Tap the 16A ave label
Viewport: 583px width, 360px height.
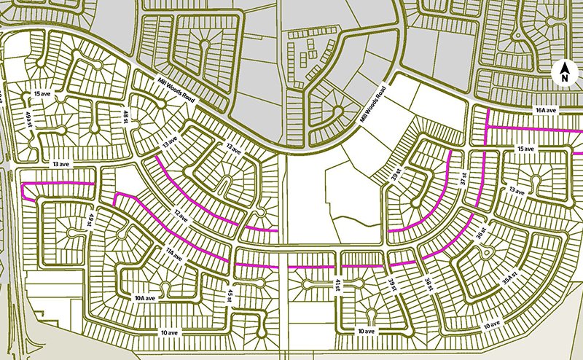pyautogui.click(x=544, y=110)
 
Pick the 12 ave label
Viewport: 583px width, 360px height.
pyautogui.click(x=182, y=217)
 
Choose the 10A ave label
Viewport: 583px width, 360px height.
pyautogui.click(x=144, y=298)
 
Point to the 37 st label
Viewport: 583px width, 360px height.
pyautogui.click(x=461, y=179)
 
